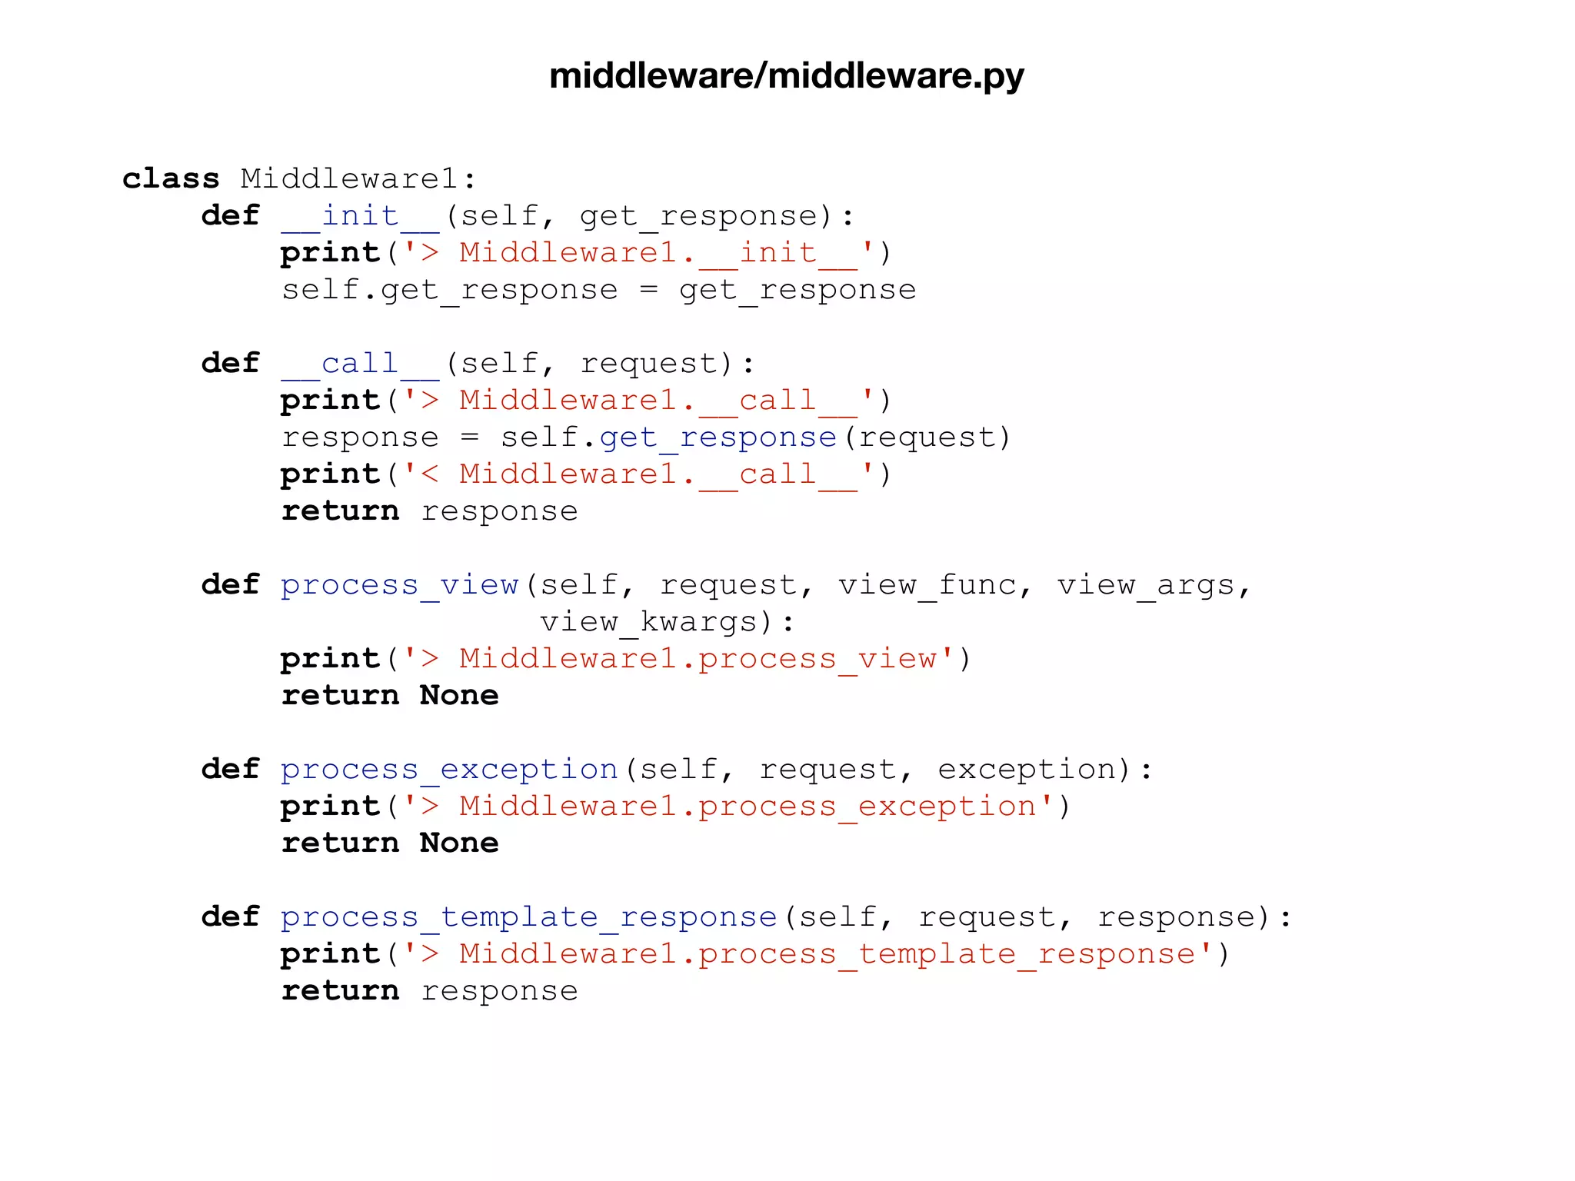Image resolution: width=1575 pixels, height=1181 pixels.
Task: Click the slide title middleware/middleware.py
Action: click(x=786, y=75)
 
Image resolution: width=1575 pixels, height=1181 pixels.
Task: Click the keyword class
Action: click(x=171, y=178)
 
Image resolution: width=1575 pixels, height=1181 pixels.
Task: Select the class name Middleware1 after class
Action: click(x=349, y=178)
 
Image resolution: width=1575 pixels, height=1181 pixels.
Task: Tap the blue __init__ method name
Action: click(x=360, y=215)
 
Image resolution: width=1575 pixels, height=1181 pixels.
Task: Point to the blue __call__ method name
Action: click(x=360, y=363)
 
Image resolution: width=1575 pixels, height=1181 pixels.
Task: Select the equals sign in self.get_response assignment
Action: click(x=648, y=290)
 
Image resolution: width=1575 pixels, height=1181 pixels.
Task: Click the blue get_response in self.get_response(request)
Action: click(x=718, y=437)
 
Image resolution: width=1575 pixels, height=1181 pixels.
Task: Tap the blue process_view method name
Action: click(x=399, y=585)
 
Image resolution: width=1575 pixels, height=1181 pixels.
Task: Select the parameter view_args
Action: click(x=1146, y=585)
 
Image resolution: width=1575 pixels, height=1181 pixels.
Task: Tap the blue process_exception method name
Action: click(x=449, y=770)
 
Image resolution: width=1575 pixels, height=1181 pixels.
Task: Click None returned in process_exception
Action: click(x=459, y=843)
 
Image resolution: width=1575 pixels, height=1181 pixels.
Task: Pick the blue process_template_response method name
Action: click(x=528, y=917)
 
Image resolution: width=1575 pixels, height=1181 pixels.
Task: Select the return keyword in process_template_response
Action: click(x=340, y=991)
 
